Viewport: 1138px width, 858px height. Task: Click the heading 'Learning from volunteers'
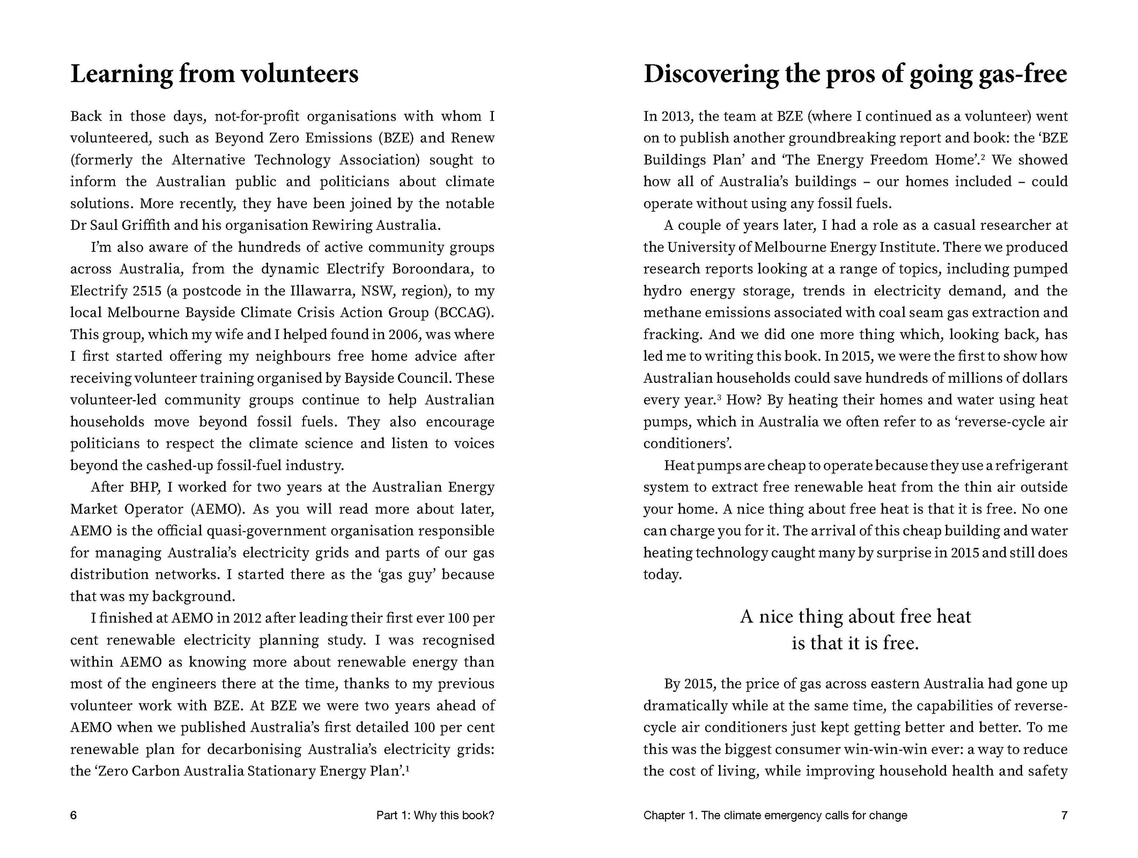coord(214,74)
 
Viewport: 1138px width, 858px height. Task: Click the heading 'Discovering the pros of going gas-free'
coord(855,74)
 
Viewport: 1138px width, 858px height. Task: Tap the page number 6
coord(74,815)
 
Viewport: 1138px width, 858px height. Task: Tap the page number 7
coord(1064,815)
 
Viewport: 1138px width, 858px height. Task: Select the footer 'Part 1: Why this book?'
coord(435,815)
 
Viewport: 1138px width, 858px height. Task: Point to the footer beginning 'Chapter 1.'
coord(775,815)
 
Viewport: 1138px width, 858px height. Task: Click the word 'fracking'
coord(672,334)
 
